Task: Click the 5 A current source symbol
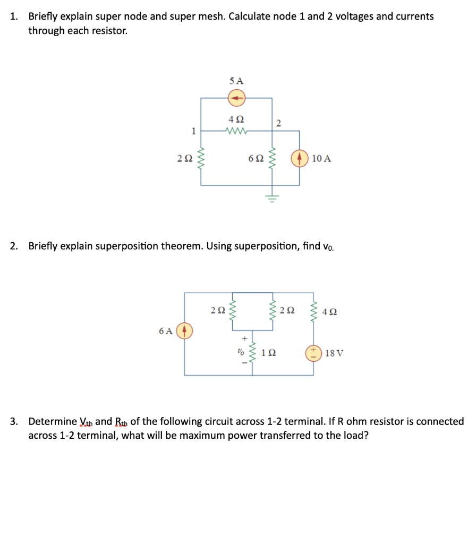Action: click(x=236, y=98)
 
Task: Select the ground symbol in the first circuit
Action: click(x=272, y=198)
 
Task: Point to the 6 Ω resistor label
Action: click(x=256, y=158)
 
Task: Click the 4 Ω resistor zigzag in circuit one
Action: click(x=235, y=131)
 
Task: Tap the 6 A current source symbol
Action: click(x=185, y=330)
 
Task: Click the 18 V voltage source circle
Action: click(x=313, y=352)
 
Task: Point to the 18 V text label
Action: click(x=334, y=352)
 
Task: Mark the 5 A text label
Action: click(x=236, y=81)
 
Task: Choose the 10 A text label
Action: click(x=322, y=158)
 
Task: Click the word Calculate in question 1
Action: click(x=250, y=16)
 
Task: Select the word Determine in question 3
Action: click(x=52, y=422)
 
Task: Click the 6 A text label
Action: click(x=166, y=330)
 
